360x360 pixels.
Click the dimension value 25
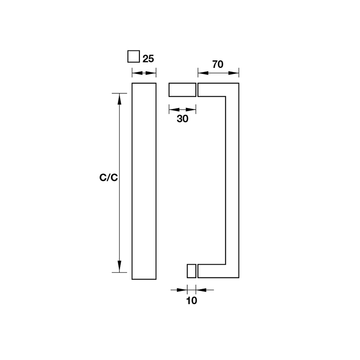(x=148, y=59)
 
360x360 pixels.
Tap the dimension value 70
(x=218, y=64)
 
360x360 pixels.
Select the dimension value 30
(x=183, y=119)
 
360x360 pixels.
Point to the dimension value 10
(x=192, y=301)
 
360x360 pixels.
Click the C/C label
(x=108, y=177)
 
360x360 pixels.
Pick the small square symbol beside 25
(x=134, y=57)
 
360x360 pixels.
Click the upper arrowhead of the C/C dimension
(x=119, y=99)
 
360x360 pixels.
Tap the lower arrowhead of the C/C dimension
(x=119, y=266)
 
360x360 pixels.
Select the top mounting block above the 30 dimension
(x=183, y=90)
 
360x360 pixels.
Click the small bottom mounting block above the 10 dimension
(x=192, y=271)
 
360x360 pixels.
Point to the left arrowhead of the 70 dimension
(x=203, y=73)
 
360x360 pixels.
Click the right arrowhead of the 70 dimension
(x=234, y=73)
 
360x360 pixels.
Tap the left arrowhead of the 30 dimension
(x=174, y=109)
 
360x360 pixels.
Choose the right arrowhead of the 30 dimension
(x=190, y=109)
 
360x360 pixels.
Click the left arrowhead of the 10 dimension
(x=182, y=290)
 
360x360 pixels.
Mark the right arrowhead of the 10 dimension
(x=201, y=290)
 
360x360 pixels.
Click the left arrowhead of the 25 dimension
(x=137, y=73)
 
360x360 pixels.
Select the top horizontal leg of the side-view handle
(x=218, y=90)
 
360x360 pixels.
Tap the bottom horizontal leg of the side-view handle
(x=218, y=271)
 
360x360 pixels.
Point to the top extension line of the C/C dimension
(x=119, y=93)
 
